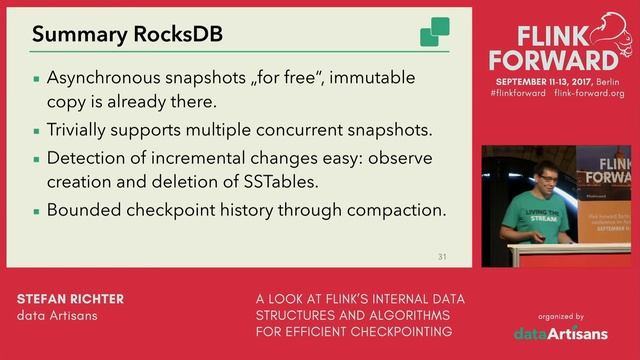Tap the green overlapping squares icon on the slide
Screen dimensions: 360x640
tap(434, 32)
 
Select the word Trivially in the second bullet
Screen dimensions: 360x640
tap(77, 130)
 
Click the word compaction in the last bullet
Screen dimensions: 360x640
tap(395, 210)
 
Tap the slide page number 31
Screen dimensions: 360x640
tap(442, 257)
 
